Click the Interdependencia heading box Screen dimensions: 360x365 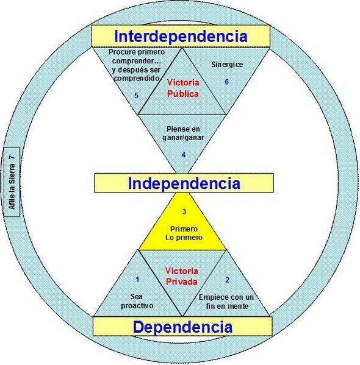pyautogui.click(x=181, y=37)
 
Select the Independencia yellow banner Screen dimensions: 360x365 pyautogui.click(x=184, y=183)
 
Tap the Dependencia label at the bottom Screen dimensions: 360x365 pyautogui.click(x=182, y=326)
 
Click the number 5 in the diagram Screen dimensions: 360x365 pyautogui.click(x=137, y=96)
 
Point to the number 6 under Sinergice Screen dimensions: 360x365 pyautogui.click(x=226, y=82)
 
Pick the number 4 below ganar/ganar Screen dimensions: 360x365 pyautogui.click(x=184, y=155)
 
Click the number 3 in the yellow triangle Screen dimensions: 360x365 pyautogui.click(x=184, y=211)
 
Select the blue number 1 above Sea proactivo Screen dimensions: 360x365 pyautogui.click(x=137, y=279)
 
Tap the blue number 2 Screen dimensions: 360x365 pyautogui.click(x=228, y=280)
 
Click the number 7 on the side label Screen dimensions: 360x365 pyautogui.click(x=12, y=157)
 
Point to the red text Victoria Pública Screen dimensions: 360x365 pyautogui.click(x=183, y=88)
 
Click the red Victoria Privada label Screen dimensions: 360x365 pyautogui.click(x=182, y=276)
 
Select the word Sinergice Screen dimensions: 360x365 pyautogui.click(x=227, y=65)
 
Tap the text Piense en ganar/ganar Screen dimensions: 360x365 pyautogui.click(x=183, y=133)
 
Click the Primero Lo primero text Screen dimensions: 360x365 pyautogui.click(x=184, y=233)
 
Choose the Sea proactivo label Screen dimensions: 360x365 pyautogui.click(x=137, y=301)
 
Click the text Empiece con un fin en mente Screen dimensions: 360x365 pyautogui.click(x=226, y=302)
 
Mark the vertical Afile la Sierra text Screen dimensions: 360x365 pyautogui.click(x=12, y=186)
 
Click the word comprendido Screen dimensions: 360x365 pyautogui.click(x=137, y=78)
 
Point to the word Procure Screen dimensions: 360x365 pyautogui.click(x=121, y=52)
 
